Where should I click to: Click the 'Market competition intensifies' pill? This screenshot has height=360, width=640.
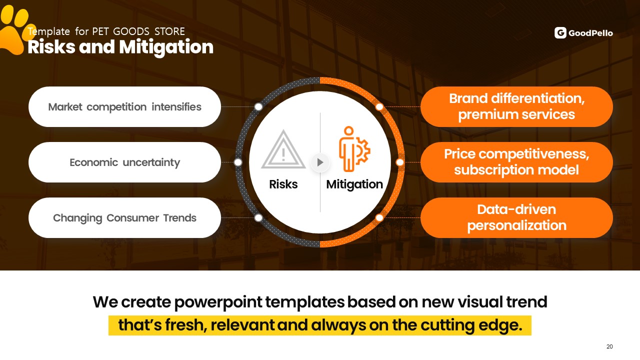point(124,107)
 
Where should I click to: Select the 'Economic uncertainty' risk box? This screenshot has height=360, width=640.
point(124,162)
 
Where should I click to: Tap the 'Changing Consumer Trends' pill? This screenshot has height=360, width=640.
point(124,217)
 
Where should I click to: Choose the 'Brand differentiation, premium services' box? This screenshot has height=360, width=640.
point(516,107)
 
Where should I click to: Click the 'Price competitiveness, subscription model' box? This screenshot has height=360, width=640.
point(516,162)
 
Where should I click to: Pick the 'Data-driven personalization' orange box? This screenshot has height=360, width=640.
point(516,217)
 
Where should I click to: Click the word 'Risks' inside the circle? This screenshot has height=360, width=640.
point(283,184)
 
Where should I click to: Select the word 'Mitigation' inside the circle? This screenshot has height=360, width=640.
point(354,185)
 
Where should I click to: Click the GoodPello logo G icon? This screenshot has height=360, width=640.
point(560,33)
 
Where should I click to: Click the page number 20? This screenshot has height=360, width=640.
point(609,346)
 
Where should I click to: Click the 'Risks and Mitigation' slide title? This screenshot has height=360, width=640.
point(120,47)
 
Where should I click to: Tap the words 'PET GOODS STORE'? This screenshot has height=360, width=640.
point(138,31)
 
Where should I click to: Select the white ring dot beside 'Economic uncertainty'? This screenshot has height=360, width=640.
point(237,162)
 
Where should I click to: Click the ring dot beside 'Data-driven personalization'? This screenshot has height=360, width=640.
point(379,217)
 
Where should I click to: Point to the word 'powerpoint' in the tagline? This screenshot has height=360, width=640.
point(218,302)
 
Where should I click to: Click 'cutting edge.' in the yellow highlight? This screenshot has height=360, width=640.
point(471,325)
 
